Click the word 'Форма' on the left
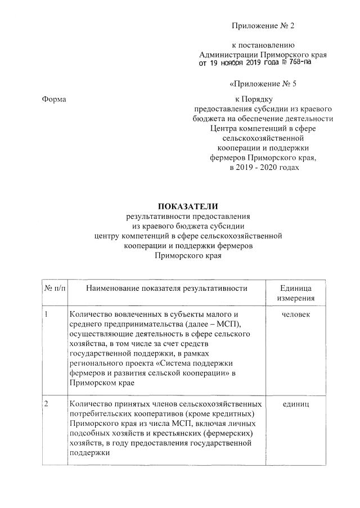[x=55, y=100]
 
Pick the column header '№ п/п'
[x=55, y=289]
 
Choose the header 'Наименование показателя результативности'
[x=167, y=289]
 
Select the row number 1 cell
[x=47, y=313]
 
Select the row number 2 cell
[x=47, y=404]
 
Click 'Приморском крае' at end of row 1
[x=97, y=384]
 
